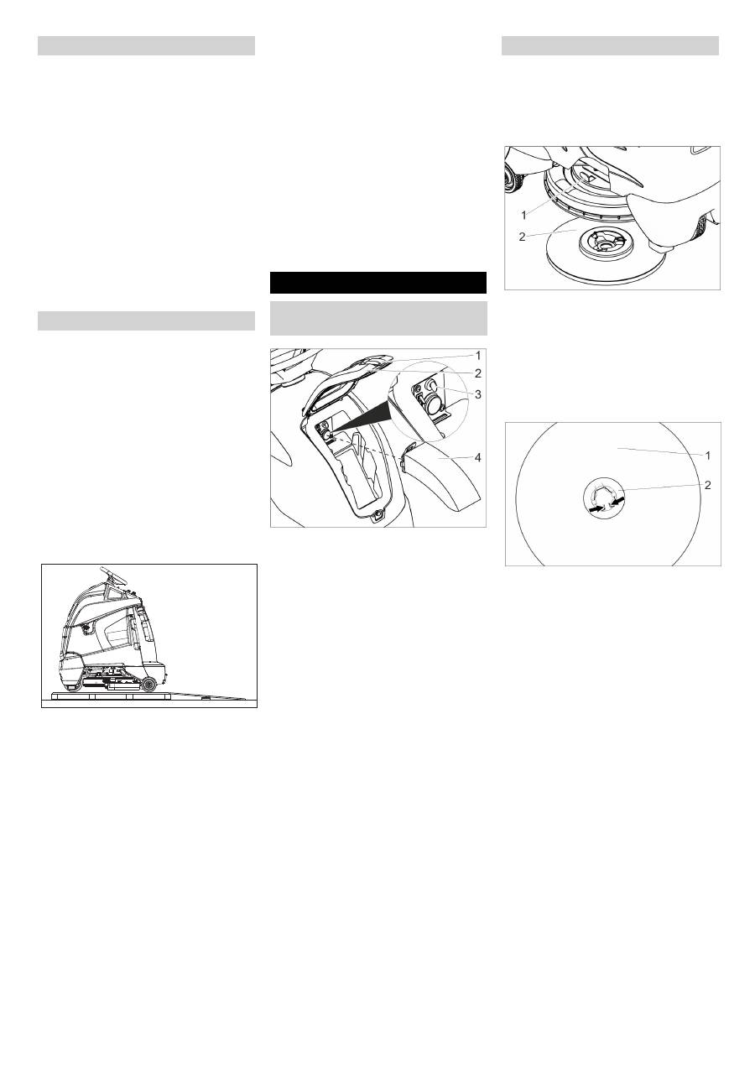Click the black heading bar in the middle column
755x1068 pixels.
click(x=377, y=283)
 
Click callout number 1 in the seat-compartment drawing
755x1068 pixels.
click(x=478, y=355)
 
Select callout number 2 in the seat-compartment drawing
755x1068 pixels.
click(x=478, y=373)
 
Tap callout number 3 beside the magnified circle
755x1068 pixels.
click(x=478, y=393)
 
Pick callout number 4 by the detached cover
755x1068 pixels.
click(x=478, y=458)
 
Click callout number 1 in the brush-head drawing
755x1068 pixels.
click(x=524, y=214)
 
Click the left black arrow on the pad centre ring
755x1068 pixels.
click(x=596, y=508)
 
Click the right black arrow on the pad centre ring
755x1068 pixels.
click(x=619, y=500)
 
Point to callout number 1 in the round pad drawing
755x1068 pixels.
click(x=706, y=456)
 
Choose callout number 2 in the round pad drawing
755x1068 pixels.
click(x=706, y=485)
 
